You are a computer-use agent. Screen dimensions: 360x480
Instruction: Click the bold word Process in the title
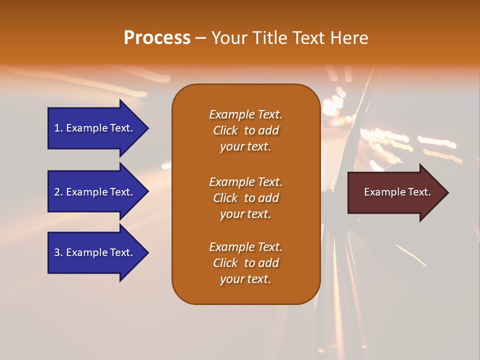point(157,38)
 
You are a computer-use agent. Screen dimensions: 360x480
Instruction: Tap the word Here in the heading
point(349,38)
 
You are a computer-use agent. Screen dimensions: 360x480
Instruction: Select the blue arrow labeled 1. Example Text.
point(93,128)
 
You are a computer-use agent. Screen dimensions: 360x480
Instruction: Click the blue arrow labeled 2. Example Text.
point(93,192)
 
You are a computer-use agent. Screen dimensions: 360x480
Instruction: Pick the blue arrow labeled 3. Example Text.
point(93,252)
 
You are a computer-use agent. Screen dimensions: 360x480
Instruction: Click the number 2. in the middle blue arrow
point(58,192)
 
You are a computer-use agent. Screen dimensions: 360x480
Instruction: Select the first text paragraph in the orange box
point(245,130)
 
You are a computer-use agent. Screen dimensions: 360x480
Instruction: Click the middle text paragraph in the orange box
point(245,198)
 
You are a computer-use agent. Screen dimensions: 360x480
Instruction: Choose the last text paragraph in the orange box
point(245,263)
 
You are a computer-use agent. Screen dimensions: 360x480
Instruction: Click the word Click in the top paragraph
point(225,130)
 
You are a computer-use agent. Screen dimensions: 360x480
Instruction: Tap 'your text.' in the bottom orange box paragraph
point(245,279)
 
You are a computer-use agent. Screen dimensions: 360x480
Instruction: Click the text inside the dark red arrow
point(397,192)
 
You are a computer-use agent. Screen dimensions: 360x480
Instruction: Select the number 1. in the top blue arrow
point(58,128)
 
